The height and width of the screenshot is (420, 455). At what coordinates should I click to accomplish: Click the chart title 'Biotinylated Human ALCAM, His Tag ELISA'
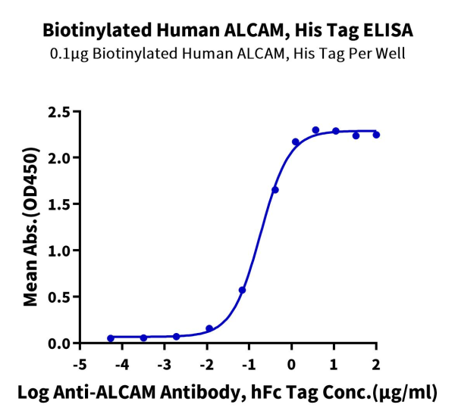[227, 31]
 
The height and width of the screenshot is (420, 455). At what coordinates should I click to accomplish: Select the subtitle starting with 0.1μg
[227, 54]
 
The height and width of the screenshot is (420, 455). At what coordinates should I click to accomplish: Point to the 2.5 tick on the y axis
[59, 112]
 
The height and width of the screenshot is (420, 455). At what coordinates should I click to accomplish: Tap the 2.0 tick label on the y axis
[59, 158]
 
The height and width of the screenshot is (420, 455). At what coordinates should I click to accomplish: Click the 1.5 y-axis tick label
[59, 204]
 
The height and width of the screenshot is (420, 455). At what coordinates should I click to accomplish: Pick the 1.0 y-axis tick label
[59, 250]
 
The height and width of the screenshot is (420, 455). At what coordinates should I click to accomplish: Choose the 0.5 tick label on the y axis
[59, 297]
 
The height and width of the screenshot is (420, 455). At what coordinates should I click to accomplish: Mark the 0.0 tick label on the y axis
[59, 343]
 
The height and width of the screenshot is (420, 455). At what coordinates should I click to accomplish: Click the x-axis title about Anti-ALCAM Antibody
[227, 394]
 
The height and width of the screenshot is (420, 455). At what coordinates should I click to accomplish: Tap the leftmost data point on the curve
[111, 338]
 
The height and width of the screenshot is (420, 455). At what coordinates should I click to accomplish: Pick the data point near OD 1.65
[275, 190]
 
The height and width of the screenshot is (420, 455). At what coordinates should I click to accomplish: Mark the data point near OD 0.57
[242, 290]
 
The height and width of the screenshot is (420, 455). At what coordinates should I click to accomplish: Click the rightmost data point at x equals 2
[376, 135]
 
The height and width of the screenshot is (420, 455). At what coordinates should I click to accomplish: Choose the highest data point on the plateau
[315, 130]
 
